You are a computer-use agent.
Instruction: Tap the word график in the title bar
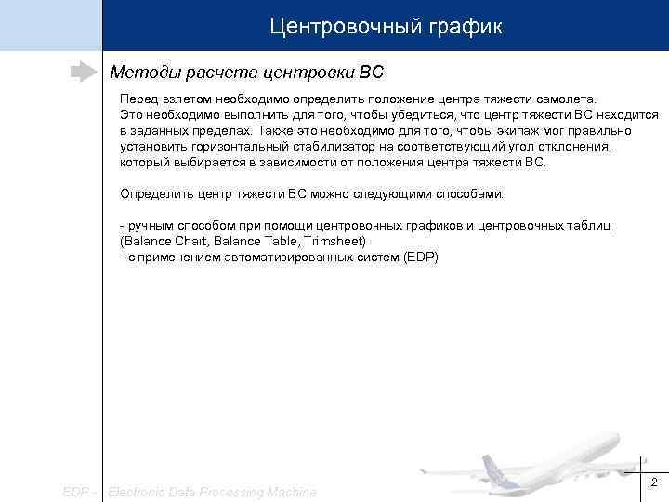(466, 27)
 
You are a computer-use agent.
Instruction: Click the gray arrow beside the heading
(85, 72)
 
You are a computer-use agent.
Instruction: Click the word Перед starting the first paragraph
(138, 99)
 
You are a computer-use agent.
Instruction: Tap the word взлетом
(186, 99)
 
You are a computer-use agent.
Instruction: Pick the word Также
(274, 130)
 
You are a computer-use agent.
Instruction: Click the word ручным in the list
(152, 226)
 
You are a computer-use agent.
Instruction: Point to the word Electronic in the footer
(138, 491)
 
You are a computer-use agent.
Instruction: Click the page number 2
(653, 482)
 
